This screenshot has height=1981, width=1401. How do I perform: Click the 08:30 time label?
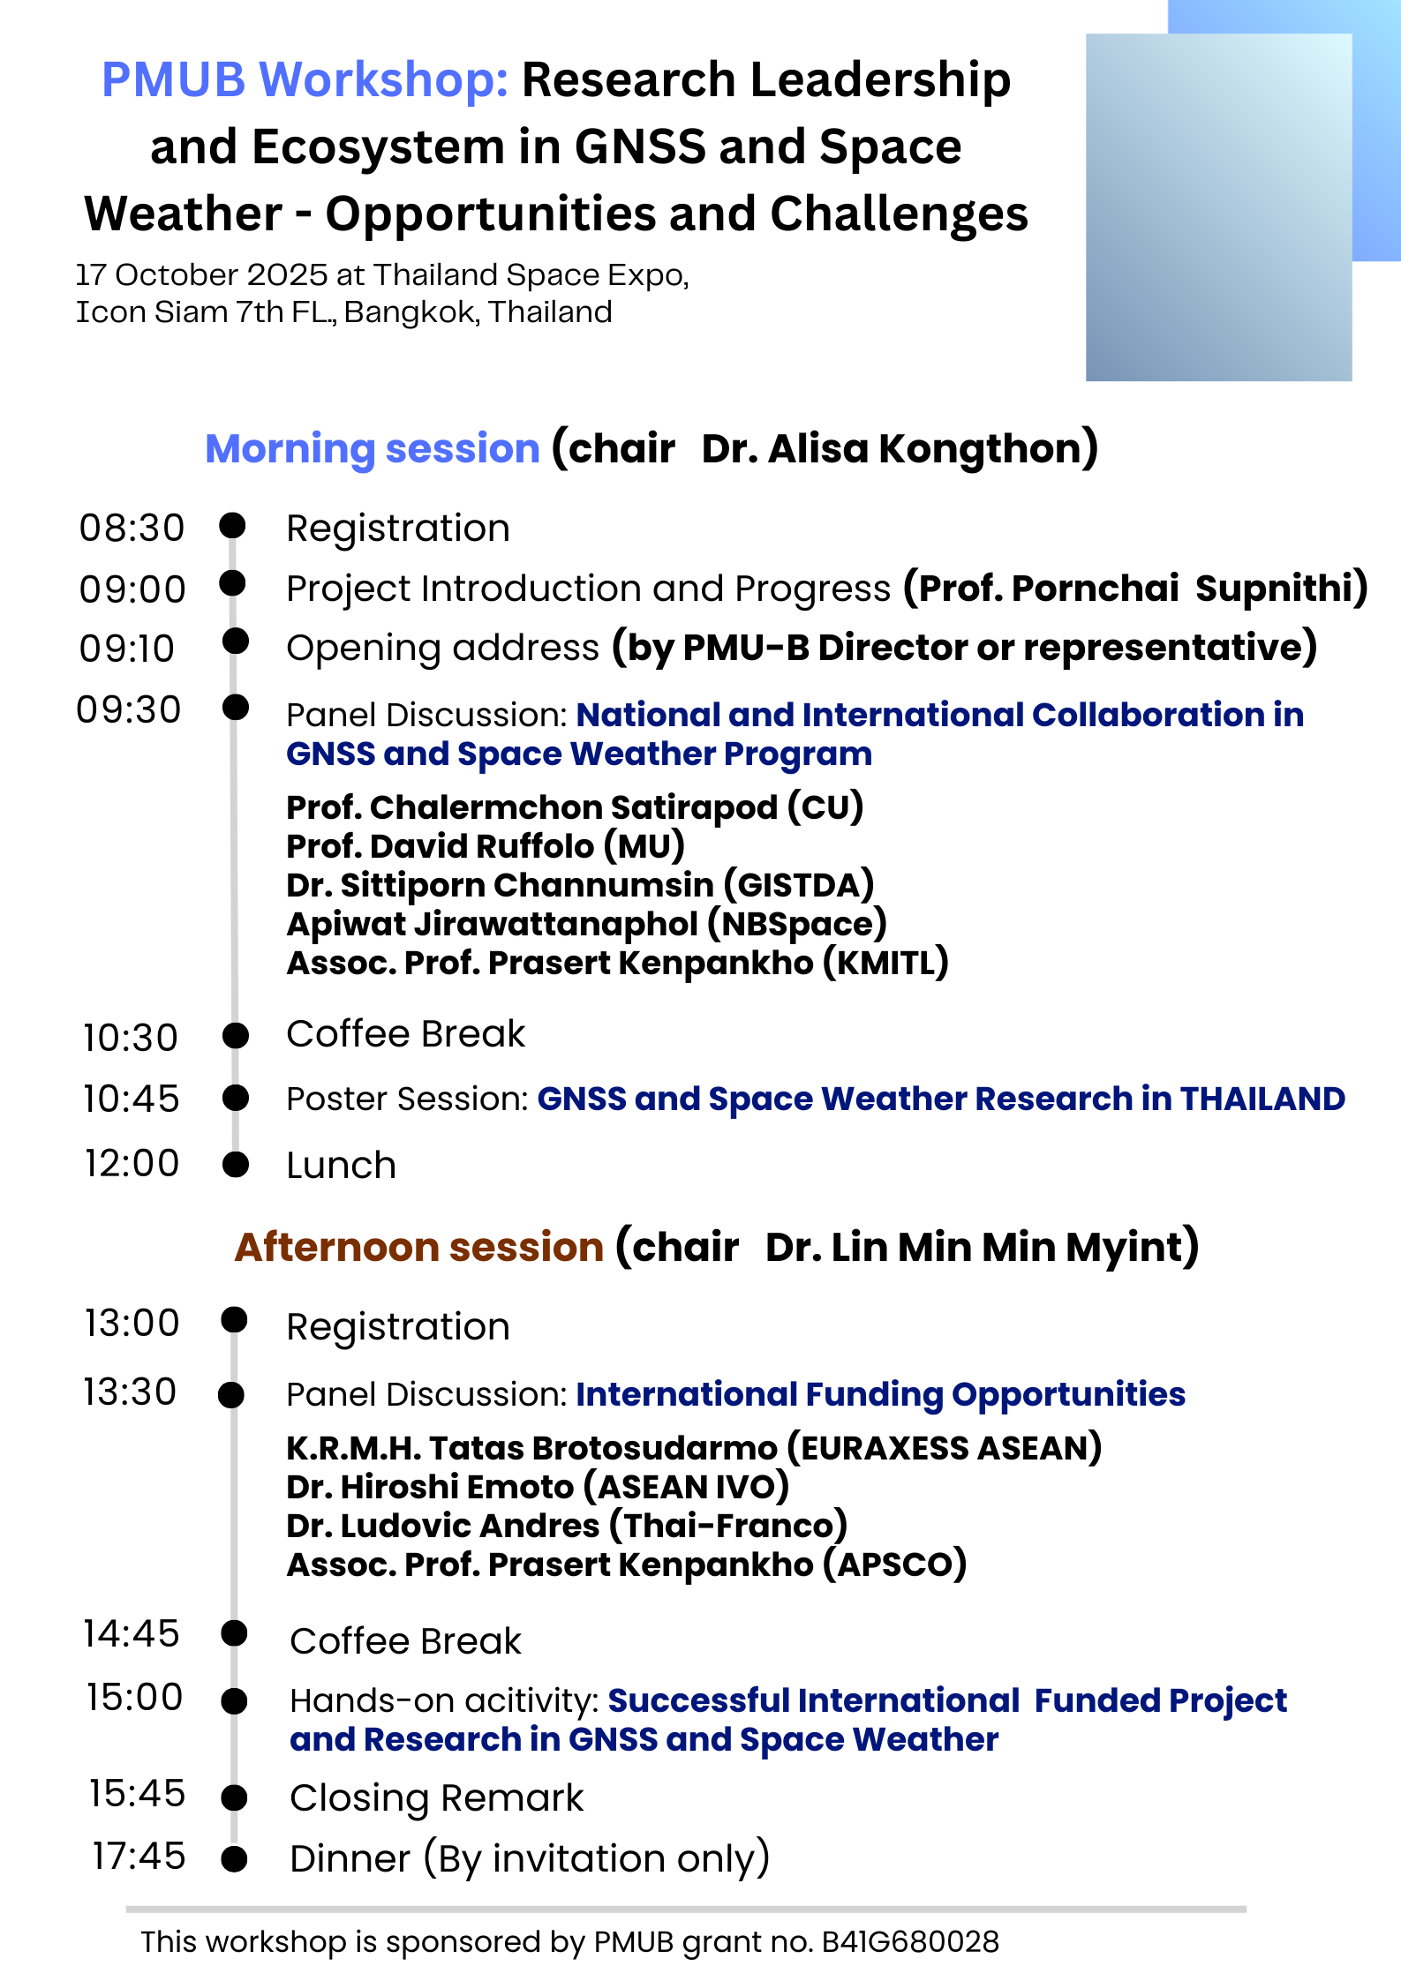132,528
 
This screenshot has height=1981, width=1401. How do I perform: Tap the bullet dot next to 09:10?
236,642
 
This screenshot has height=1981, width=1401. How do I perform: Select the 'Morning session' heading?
372,448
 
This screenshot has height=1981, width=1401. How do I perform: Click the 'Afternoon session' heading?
418,1247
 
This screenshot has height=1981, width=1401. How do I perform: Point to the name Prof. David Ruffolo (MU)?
486,846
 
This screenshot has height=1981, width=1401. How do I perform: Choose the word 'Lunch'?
341,1165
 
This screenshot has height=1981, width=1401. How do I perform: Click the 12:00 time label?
132,1163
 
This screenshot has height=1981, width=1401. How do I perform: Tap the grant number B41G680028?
909,1941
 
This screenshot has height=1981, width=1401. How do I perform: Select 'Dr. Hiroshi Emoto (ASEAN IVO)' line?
537,1487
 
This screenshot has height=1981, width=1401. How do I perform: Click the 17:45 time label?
139,1856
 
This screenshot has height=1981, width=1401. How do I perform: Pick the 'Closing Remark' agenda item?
436,1797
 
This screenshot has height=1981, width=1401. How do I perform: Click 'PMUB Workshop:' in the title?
305,79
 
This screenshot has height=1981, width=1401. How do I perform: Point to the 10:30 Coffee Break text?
405,1034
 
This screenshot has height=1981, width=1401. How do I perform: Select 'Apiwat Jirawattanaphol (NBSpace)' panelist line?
586,924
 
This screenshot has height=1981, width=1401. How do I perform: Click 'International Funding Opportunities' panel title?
880,1394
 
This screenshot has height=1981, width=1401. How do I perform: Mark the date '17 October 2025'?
202,275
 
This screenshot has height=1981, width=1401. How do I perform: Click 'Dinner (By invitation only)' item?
530,1857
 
